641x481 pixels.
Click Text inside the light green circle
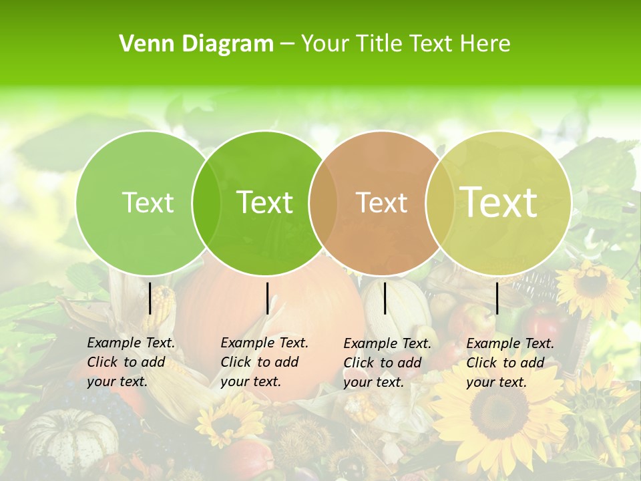click(148, 202)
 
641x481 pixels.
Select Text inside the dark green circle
click(264, 202)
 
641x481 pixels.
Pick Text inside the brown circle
click(381, 202)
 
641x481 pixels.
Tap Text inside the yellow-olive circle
click(499, 202)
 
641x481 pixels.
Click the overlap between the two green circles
click(206, 202)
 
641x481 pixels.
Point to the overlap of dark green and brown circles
click(323, 202)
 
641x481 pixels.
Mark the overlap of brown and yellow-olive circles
click(440, 202)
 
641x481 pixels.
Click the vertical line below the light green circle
click(150, 298)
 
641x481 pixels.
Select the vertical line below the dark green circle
click(267, 298)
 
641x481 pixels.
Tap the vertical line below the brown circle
click(385, 298)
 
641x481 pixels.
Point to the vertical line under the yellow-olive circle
click(497, 298)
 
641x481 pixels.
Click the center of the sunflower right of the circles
click(592, 285)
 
